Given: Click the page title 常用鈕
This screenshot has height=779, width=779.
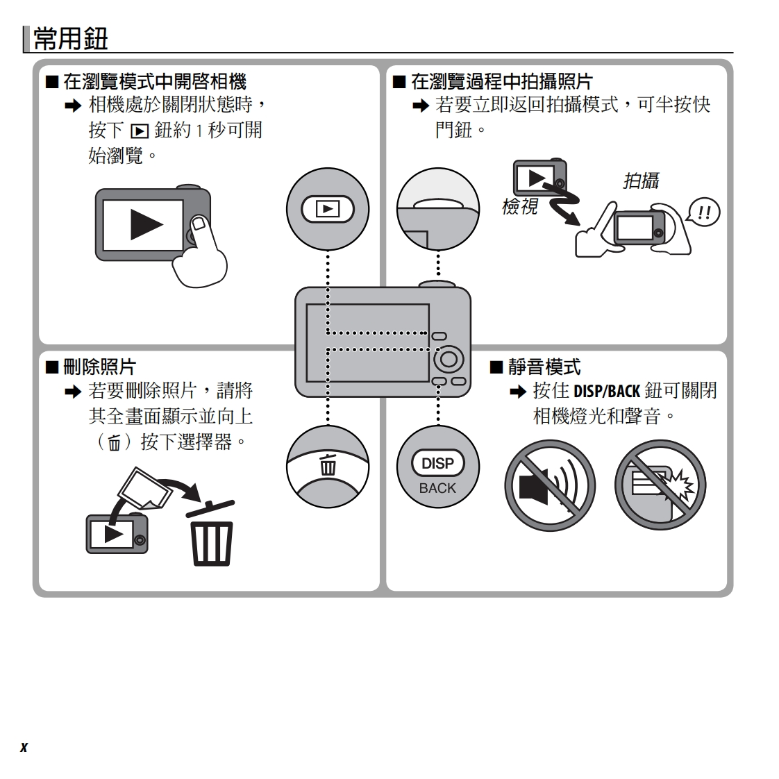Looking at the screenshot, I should click(70, 39).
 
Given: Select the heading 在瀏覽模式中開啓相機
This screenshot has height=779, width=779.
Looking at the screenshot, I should click(154, 82).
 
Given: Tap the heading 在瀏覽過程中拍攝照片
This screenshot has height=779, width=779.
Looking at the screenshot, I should click(501, 82).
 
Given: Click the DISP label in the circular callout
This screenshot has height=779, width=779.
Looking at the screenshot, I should click(437, 463).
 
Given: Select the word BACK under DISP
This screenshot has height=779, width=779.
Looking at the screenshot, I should click(437, 488).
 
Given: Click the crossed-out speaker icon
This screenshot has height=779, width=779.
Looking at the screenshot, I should click(549, 485).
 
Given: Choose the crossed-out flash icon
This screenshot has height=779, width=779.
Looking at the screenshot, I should click(660, 485).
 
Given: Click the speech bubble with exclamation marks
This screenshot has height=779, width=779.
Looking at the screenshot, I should click(703, 212).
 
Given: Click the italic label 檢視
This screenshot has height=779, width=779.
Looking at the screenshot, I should click(519, 206).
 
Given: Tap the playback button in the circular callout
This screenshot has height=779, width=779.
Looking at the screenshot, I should click(327, 208).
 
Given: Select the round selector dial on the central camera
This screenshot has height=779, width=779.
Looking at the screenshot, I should click(449, 358).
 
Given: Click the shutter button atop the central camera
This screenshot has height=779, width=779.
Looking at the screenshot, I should click(437, 283).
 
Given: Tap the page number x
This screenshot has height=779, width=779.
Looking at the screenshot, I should click(24, 747).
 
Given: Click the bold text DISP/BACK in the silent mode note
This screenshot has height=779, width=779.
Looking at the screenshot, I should click(606, 391).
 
